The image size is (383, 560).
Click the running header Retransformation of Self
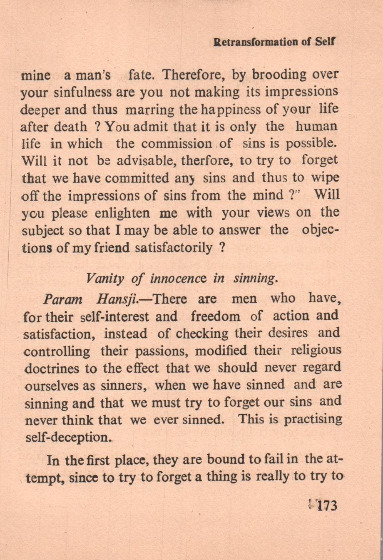[x=274, y=42]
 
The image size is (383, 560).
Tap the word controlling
[x=57, y=351]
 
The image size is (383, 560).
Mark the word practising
[x=313, y=419]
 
